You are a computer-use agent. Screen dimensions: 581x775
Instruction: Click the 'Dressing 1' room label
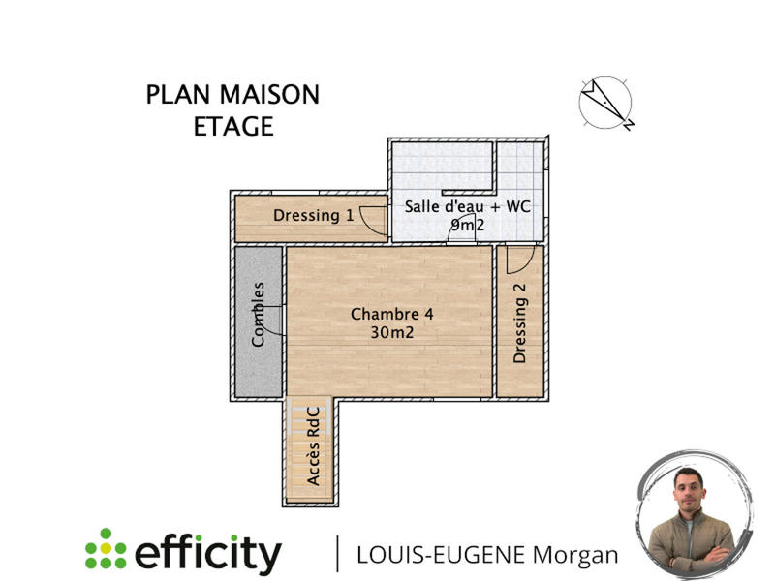(x=313, y=215)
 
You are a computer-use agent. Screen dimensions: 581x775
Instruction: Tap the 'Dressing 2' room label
(x=520, y=329)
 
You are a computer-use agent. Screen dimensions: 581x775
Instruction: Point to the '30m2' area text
(x=391, y=332)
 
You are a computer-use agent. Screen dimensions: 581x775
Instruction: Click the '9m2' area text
(x=467, y=225)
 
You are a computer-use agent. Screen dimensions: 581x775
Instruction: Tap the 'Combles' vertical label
(x=259, y=314)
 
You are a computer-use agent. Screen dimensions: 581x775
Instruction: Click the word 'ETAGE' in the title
(x=232, y=126)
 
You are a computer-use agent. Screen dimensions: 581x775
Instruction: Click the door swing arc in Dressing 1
(x=372, y=221)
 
